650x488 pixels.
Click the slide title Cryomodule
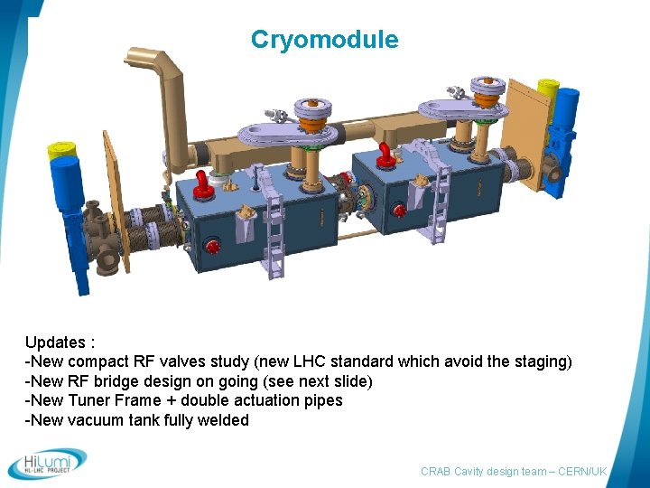coord(324,40)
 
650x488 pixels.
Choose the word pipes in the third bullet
coord(321,400)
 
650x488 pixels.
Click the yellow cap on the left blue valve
coord(60,150)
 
